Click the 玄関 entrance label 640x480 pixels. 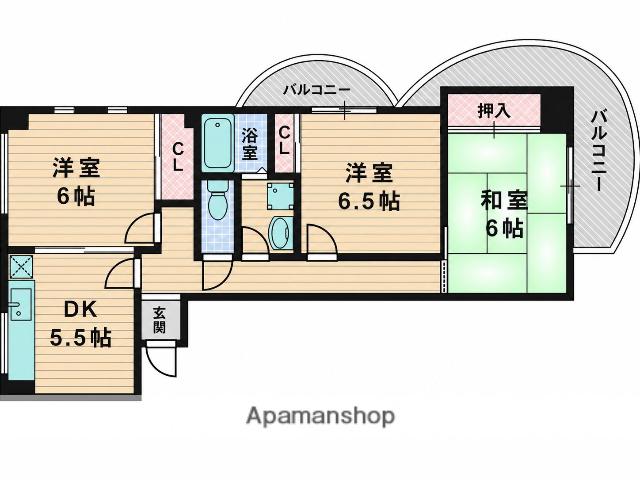[x=160, y=320]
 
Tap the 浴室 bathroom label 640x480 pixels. [x=250, y=144]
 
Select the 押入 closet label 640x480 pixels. [x=494, y=111]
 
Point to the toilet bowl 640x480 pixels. [x=217, y=200]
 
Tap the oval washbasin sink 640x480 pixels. [x=281, y=232]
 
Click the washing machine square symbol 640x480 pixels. [x=280, y=196]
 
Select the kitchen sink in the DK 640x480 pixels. [x=21, y=304]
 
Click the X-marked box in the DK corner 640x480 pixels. [x=21, y=267]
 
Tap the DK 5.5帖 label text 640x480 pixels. [x=81, y=323]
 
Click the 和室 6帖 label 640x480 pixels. [x=504, y=214]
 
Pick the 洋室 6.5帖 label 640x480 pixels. [x=369, y=187]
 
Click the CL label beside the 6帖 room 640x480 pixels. [x=178, y=157]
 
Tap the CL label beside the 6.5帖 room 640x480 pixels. [x=284, y=141]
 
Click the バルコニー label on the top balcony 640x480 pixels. [x=317, y=89]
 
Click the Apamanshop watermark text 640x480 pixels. [x=321, y=416]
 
